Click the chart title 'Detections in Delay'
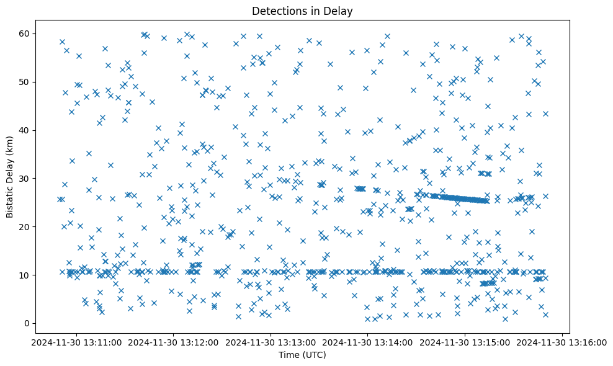coord(302,11)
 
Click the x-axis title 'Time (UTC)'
coord(302,355)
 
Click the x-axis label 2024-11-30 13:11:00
coord(76,341)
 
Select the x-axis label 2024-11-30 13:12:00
coord(174,341)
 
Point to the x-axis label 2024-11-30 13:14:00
coord(368,341)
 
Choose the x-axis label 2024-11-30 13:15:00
coord(465,341)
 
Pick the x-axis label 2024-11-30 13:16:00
coord(562,341)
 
